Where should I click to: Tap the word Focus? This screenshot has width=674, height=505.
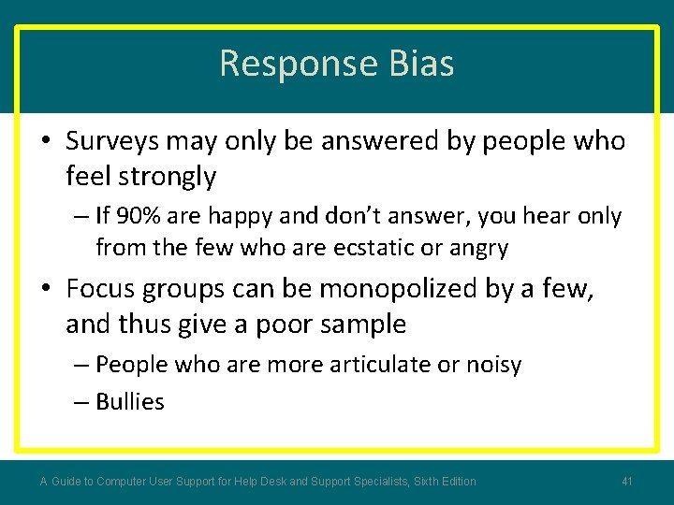[x=101, y=289]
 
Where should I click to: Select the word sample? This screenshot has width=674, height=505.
[x=360, y=324]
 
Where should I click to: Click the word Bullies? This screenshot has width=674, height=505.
[x=130, y=401]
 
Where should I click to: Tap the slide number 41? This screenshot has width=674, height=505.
[x=627, y=482]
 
